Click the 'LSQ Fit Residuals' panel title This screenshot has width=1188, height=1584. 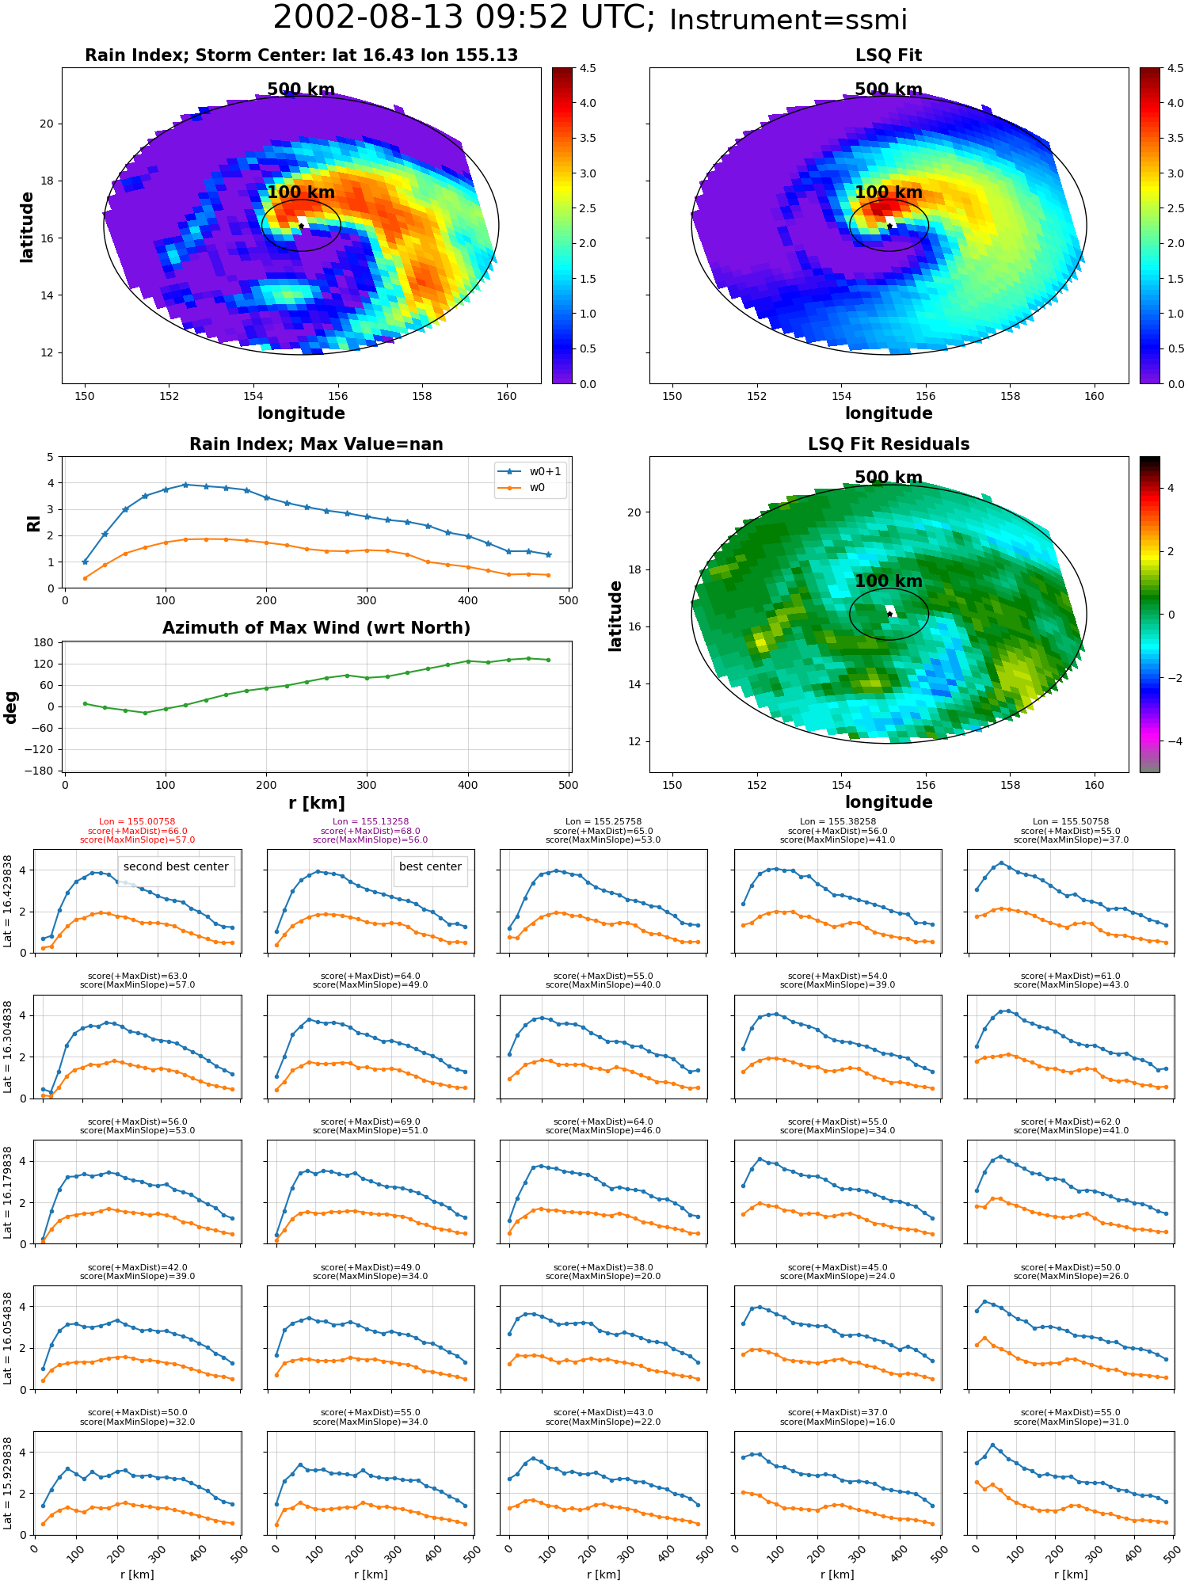point(889,444)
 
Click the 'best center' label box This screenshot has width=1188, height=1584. point(430,867)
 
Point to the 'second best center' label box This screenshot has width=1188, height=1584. point(176,867)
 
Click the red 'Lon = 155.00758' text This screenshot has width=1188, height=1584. point(137,822)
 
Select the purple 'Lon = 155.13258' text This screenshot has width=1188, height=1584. point(370,822)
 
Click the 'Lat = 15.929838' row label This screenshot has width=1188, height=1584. point(8,1483)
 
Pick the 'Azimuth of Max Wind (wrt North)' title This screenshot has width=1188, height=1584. point(316,628)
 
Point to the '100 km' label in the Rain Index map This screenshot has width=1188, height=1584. point(301,192)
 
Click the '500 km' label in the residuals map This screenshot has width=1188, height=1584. point(889,478)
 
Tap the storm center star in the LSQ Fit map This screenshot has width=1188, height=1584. point(889,227)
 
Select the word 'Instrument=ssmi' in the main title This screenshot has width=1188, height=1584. point(788,20)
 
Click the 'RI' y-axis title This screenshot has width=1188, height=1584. point(34,523)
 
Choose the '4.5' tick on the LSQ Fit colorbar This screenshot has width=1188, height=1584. point(1175,69)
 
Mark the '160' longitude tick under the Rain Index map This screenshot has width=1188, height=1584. point(506,397)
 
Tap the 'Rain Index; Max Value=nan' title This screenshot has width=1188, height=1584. point(316,444)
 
